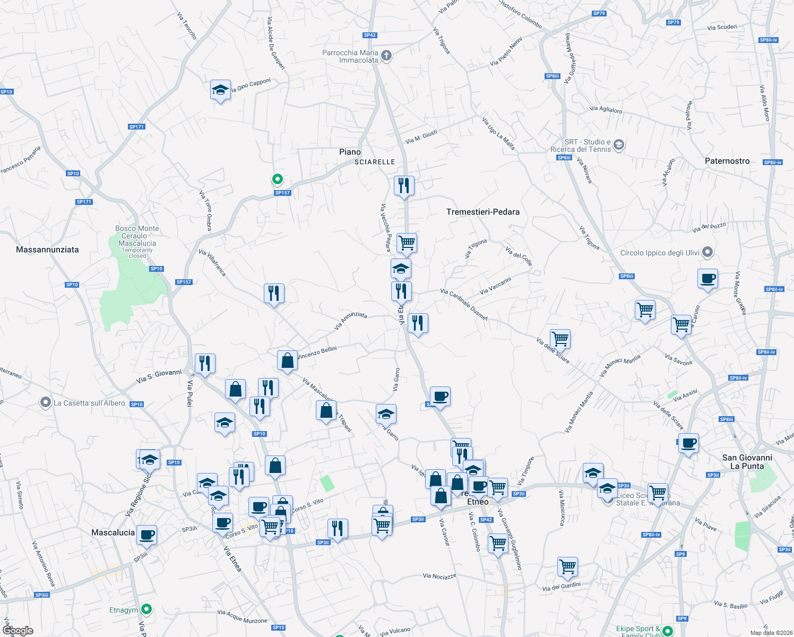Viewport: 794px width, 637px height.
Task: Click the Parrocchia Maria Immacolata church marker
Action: click(x=386, y=56)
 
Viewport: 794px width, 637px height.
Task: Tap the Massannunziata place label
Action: click(x=47, y=249)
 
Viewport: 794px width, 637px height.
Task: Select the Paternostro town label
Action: click(x=727, y=161)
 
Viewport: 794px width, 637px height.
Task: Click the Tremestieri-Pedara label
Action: click(x=483, y=212)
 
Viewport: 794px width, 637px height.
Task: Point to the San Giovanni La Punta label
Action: click(x=747, y=462)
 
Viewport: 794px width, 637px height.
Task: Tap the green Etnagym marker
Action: click(x=148, y=609)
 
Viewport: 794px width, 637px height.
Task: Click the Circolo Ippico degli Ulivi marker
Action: click(x=707, y=252)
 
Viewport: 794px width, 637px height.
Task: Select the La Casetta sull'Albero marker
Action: click(x=46, y=403)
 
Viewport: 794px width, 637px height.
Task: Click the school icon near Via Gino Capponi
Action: click(x=220, y=90)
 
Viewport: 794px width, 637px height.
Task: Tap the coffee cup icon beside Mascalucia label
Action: click(x=147, y=535)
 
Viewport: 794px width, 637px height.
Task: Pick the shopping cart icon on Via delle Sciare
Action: click(x=560, y=338)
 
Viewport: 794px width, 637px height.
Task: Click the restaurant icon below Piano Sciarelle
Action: click(x=404, y=186)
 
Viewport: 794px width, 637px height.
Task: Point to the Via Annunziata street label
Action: click(x=350, y=321)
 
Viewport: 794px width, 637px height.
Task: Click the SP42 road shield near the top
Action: click(x=370, y=35)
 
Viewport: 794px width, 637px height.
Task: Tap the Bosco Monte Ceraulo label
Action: click(x=137, y=236)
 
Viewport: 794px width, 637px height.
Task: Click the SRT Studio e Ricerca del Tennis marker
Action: click(x=618, y=145)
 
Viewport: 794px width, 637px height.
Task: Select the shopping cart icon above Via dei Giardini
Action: click(x=567, y=566)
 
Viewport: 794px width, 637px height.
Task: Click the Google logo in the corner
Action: click(x=18, y=631)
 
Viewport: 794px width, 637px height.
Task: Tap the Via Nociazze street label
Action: click(x=439, y=576)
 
